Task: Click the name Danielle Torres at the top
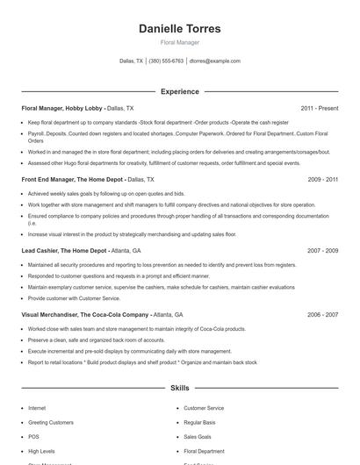click(x=180, y=29)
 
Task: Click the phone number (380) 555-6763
click(x=166, y=61)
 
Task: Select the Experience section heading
click(x=180, y=91)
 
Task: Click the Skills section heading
click(x=180, y=387)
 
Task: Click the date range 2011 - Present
click(x=319, y=108)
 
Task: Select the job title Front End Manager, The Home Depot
click(x=73, y=179)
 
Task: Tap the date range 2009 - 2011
click(x=322, y=179)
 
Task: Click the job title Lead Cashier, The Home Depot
click(x=64, y=250)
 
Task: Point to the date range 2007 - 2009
click(x=322, y=250)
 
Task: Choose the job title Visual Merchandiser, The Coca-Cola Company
click(x=85, y=314)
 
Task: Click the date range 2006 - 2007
click(x=322, y=314)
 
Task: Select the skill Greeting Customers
click(x=51, y=422)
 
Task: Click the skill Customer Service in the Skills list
click(x=204, y=408)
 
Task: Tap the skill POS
click(x=33, y=436)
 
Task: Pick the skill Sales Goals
click(x=198, y=436)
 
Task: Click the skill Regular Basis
click(x=199, y=422)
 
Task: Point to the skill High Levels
click(x=41, y=451)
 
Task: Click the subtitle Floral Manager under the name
click(x=180, y=42)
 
